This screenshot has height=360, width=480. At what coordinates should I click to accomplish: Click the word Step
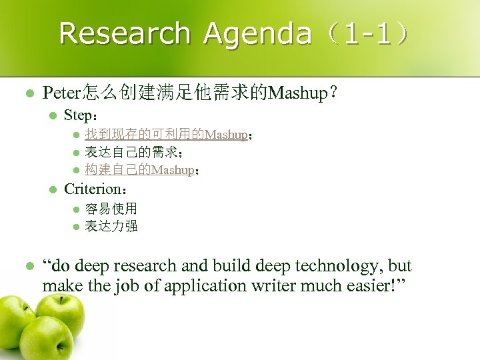pos(79,115)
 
